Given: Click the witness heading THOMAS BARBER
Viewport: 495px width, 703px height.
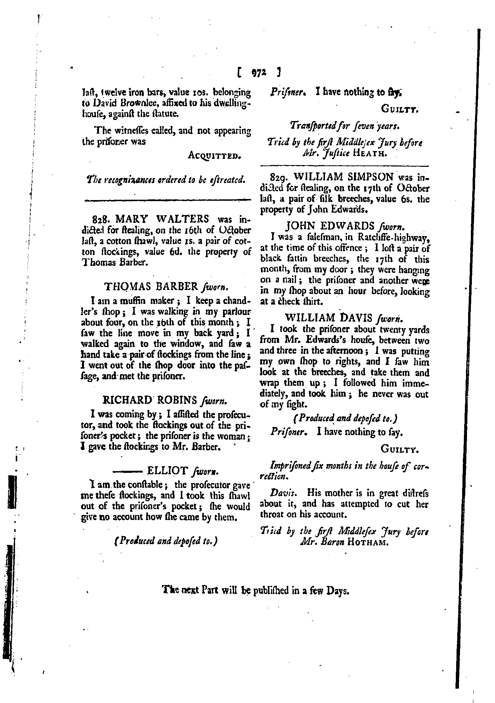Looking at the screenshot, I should point(151,286).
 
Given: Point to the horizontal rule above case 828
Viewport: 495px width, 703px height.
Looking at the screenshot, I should point(167,201).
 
